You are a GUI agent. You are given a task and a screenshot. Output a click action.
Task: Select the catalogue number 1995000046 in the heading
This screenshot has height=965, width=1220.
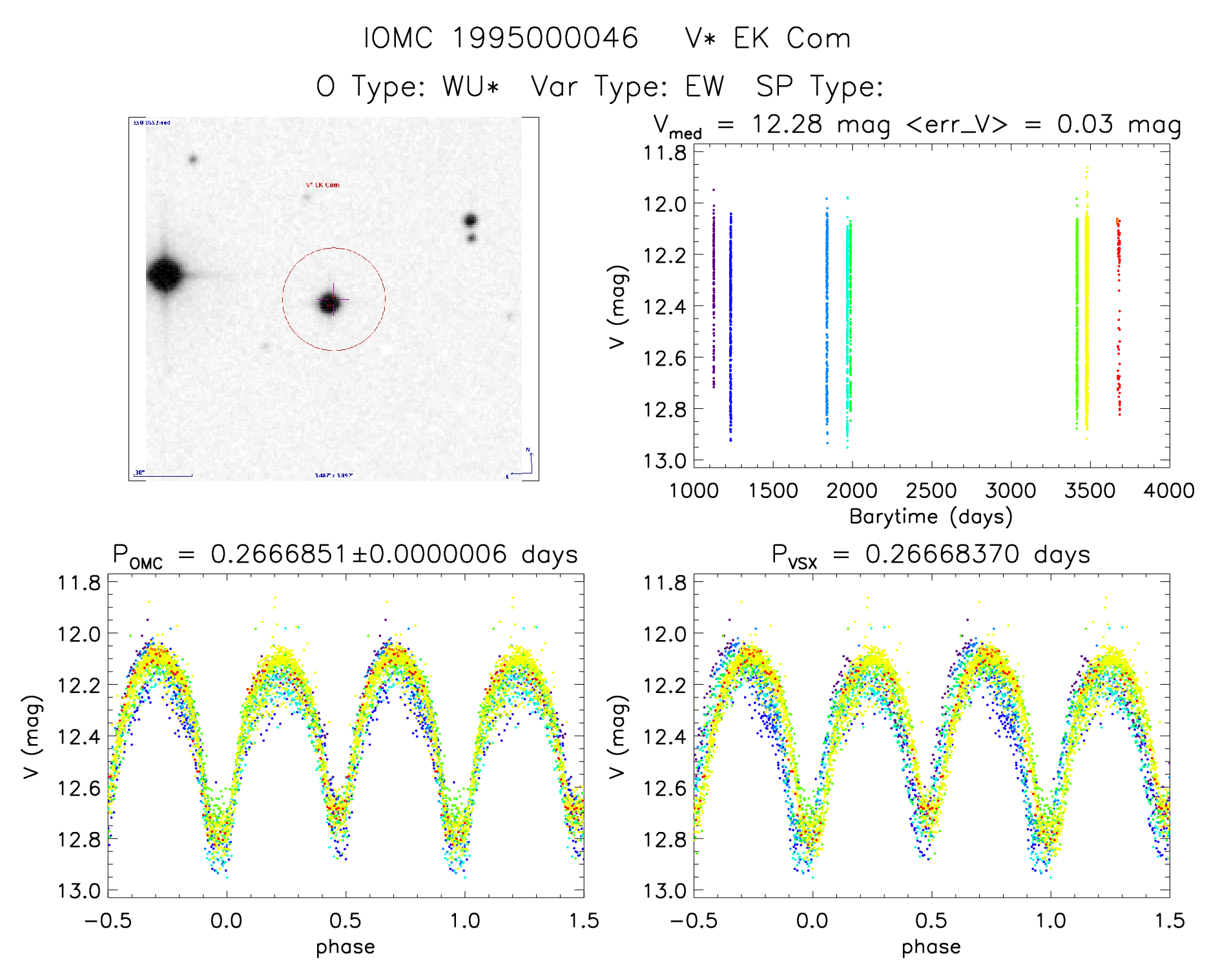coord(544,38)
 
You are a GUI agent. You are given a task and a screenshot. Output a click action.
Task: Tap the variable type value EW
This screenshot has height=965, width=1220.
coord(705,87)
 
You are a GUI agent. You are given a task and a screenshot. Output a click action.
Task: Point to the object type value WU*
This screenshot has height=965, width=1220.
coord(471,87)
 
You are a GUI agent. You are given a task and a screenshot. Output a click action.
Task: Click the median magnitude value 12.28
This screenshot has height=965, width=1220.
coord(787,124)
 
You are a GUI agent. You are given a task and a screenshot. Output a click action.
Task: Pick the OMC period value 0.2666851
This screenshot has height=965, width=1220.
coord(279,554)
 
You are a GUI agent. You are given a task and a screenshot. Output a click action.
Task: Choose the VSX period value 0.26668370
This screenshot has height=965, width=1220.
coord(942,554)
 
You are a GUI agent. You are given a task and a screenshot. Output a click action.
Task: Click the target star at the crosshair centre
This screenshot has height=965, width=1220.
coord(331,302)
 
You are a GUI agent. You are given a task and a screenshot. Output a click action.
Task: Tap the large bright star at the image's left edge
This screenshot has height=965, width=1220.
coord(165,274)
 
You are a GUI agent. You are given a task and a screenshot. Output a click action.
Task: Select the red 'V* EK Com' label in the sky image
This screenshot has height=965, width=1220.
coord(323,185)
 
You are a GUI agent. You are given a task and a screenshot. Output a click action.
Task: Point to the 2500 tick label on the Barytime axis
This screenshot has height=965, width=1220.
coord(931,491)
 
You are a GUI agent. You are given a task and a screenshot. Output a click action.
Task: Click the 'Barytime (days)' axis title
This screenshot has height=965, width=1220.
coord(931,516)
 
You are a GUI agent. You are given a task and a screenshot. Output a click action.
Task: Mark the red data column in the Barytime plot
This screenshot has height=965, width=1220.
coord(1119,316)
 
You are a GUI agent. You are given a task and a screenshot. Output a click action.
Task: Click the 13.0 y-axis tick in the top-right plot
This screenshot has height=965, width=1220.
coord(665,461)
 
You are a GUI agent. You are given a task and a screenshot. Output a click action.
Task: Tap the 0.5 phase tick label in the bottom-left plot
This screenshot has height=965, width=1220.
coord(346,920)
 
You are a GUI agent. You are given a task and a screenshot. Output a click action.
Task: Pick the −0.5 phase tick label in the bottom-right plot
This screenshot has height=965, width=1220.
coord(693,920)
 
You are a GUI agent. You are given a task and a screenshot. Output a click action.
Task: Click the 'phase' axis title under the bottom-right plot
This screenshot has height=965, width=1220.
coord(931,946)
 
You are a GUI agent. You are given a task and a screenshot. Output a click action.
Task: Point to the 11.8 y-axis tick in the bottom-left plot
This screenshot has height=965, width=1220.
coord(79,583)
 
